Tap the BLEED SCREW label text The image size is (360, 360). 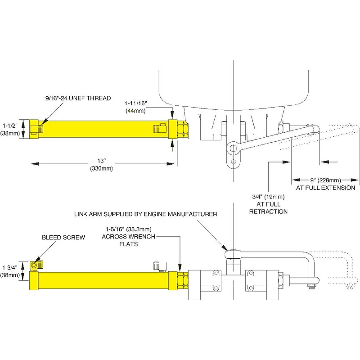pos(63,237)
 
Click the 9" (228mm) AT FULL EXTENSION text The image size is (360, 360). pos(325,184)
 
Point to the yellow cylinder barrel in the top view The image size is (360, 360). pos(103,130)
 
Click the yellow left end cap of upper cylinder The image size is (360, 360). pos(33,130)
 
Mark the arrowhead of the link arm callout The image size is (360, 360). pos(227,249)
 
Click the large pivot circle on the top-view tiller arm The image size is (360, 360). pos(233,147)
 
